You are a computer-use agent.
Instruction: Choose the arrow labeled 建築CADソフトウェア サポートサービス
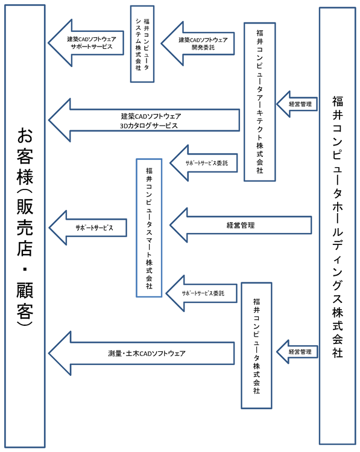86,43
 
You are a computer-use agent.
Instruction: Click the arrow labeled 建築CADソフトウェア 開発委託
198,43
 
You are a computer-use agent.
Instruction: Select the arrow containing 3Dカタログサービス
144,120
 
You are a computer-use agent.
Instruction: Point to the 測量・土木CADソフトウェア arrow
142,353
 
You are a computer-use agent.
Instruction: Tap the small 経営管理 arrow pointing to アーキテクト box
297,104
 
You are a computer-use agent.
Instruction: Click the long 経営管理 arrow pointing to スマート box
241,225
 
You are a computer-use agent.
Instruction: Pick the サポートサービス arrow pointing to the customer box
88,228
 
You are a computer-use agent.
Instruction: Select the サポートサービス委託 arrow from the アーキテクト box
204,163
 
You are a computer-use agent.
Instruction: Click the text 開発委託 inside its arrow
203,47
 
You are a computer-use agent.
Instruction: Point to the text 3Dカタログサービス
149,126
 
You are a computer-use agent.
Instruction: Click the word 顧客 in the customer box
25,301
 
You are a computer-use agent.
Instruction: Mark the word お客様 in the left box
25,156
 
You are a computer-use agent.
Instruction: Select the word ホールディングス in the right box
338,252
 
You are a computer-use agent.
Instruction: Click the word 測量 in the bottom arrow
115,354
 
